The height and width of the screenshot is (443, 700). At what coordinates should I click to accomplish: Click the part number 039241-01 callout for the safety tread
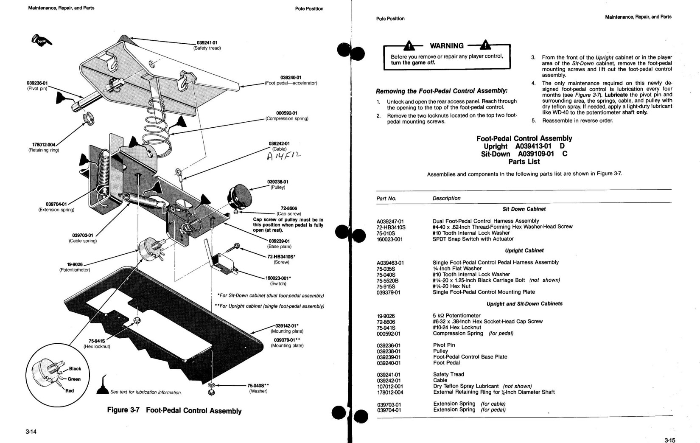207,43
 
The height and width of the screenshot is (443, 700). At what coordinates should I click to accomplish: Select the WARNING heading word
447,46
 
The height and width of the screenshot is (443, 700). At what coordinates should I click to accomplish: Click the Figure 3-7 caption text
174,410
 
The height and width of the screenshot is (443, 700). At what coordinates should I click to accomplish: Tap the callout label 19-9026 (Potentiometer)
75,267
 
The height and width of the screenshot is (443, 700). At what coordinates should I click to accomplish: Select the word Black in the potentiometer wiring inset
75,369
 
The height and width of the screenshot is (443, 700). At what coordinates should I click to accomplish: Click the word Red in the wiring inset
70,391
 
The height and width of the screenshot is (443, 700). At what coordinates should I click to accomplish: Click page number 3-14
31,432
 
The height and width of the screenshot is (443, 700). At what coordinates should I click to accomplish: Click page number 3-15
669,440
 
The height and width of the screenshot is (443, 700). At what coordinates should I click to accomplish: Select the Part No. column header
386,199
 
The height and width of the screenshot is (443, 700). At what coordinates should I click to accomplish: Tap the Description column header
446,198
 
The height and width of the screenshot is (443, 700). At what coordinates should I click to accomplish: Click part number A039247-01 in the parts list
390,222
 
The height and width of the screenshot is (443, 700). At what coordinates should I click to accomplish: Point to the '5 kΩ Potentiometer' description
456,316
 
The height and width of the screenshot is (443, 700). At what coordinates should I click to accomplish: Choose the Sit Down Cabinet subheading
524,209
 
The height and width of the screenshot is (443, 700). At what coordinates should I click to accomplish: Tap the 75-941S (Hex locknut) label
97,343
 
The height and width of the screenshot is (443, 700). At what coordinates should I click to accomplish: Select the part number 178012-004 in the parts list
390,393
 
